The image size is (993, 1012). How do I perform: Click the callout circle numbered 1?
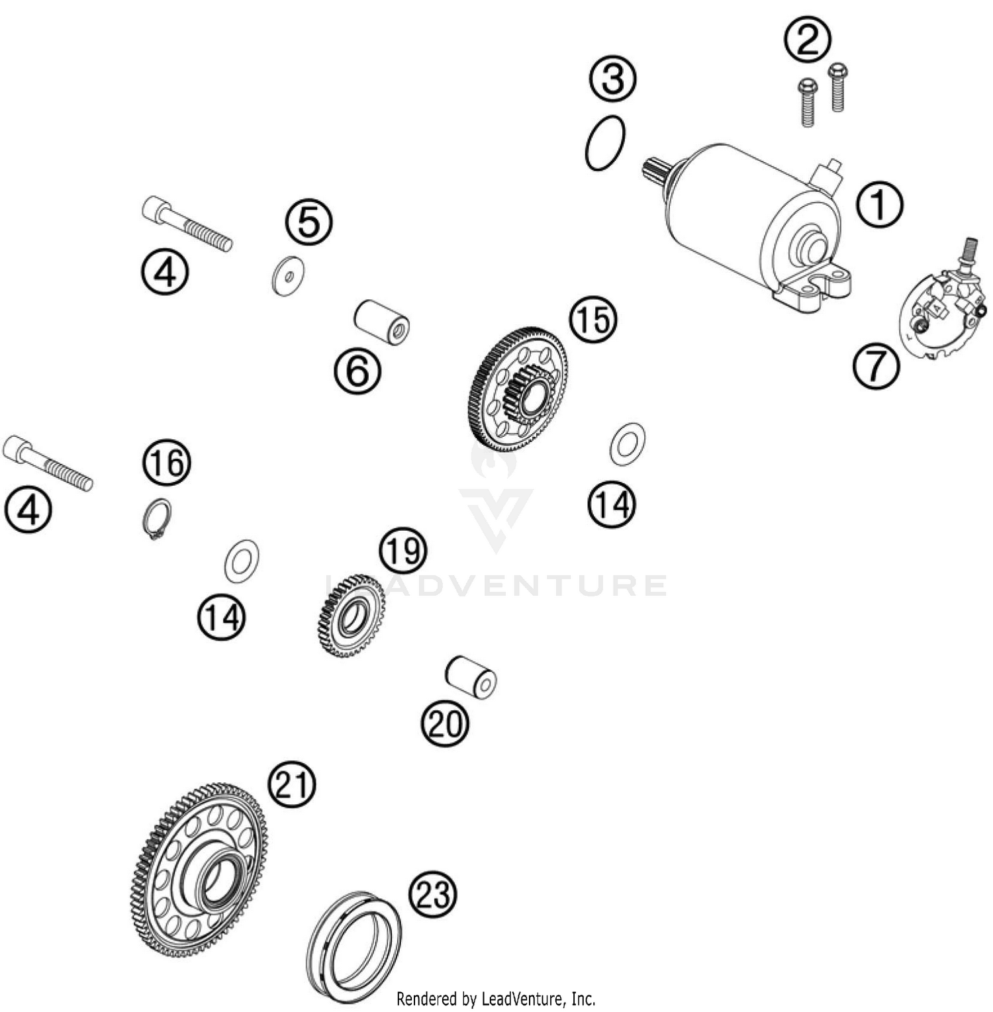tap(879, 205)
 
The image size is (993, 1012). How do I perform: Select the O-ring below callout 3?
tap(604, 144)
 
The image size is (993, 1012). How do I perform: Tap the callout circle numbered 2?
tap(807, 40)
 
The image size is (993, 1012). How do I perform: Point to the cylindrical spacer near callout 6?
tap(381, 322)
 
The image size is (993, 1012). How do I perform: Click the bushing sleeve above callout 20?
tap(471, 676)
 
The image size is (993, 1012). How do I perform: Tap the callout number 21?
tap(292, 784)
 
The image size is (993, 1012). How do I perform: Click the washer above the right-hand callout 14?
tap(627, 443)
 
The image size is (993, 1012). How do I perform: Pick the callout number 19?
tap(402, 551)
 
